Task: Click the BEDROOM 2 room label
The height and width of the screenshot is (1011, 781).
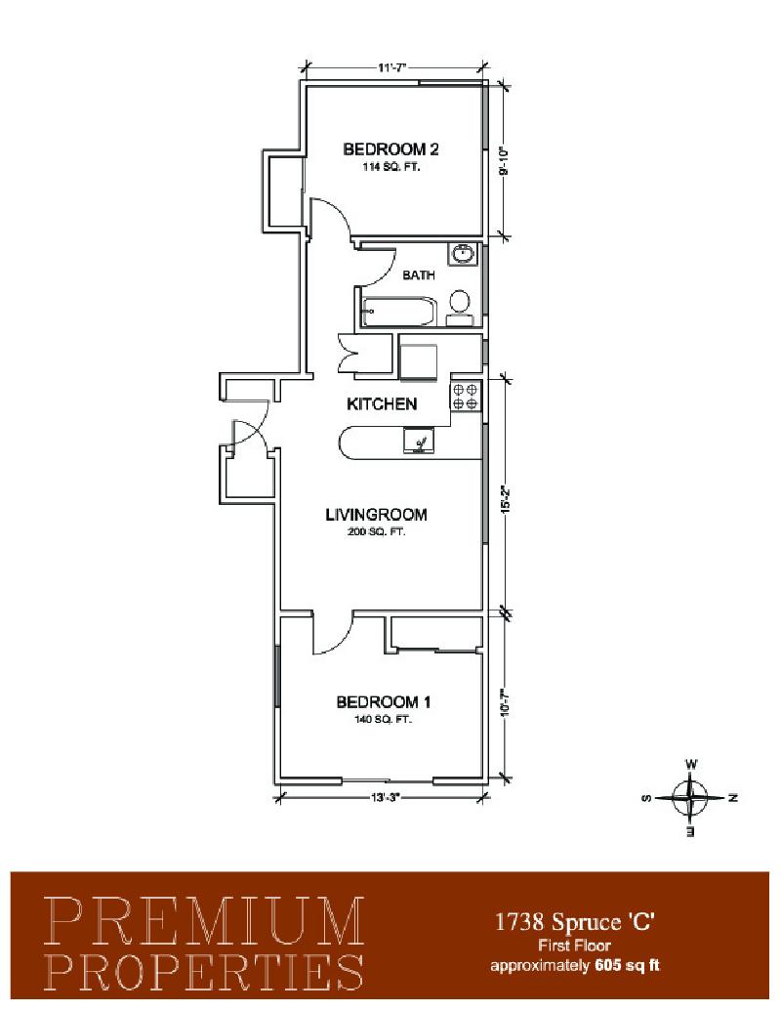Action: [x=390, y=149]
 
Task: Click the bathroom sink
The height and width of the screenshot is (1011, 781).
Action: [x=463, y=253]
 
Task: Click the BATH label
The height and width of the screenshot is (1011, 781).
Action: [x=419, y=275]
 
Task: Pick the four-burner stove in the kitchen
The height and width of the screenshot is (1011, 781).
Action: [x=466, y=396]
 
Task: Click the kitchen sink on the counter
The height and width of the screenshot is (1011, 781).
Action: [x=420, y=441]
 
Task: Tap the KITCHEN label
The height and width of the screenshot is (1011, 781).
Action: [x=382, y=404]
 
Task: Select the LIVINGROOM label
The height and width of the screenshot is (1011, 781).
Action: [x=376, y=515]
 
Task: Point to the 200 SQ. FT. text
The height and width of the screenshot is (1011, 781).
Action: [x=377, y=532]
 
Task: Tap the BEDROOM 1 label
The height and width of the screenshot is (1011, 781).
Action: [x=384, y=702]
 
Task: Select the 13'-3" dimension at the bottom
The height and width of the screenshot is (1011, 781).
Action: [x=386, y=798]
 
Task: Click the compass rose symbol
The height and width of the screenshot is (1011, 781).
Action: [x=690, y=798]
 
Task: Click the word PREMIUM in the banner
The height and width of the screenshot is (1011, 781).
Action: [x=205, y=921]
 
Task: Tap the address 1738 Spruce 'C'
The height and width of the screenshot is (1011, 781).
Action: [x=574, y=922]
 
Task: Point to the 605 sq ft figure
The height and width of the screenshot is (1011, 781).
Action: [x=628, y=965]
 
